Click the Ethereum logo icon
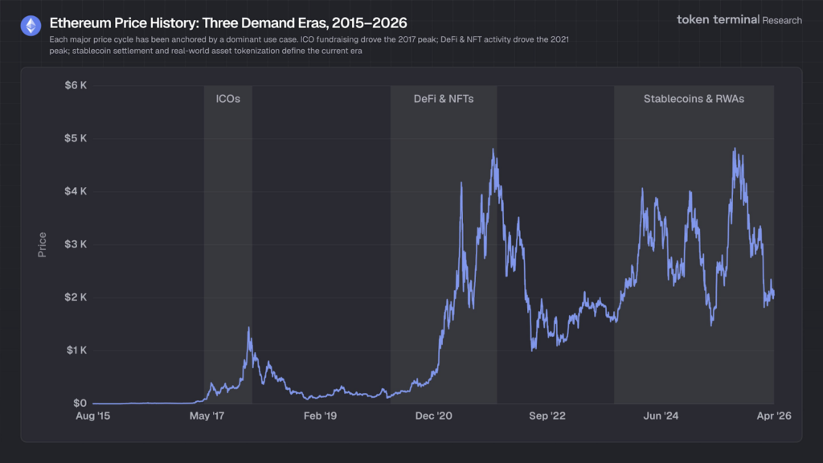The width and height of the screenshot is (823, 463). (31, 26)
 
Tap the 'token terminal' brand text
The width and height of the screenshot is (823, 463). (718, 19)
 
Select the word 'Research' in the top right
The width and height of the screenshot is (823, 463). (782, 20)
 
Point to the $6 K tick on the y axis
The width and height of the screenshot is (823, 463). (76, 85)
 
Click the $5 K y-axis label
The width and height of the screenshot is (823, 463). (76, 138)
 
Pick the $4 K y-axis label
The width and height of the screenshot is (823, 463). (76, 191)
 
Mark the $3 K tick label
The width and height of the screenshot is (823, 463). (76, 244)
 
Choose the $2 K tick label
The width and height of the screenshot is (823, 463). (76, 297)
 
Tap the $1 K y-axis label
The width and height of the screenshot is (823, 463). (76, 350)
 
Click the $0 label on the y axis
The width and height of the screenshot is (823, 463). (80, 404)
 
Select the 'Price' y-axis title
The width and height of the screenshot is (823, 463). (42, 244)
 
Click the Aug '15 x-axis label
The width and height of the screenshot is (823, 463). (93, 416)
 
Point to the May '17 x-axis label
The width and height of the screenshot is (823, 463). (207, 416)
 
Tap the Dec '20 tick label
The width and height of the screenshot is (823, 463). (434, 416)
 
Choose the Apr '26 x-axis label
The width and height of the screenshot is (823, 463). (773, 416)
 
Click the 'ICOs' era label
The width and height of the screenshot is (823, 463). (227, 99)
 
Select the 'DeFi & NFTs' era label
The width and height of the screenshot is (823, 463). (444, 99)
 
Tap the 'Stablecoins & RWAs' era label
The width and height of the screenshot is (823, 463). (694, 99)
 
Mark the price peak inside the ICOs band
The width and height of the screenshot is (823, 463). (248, 328)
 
